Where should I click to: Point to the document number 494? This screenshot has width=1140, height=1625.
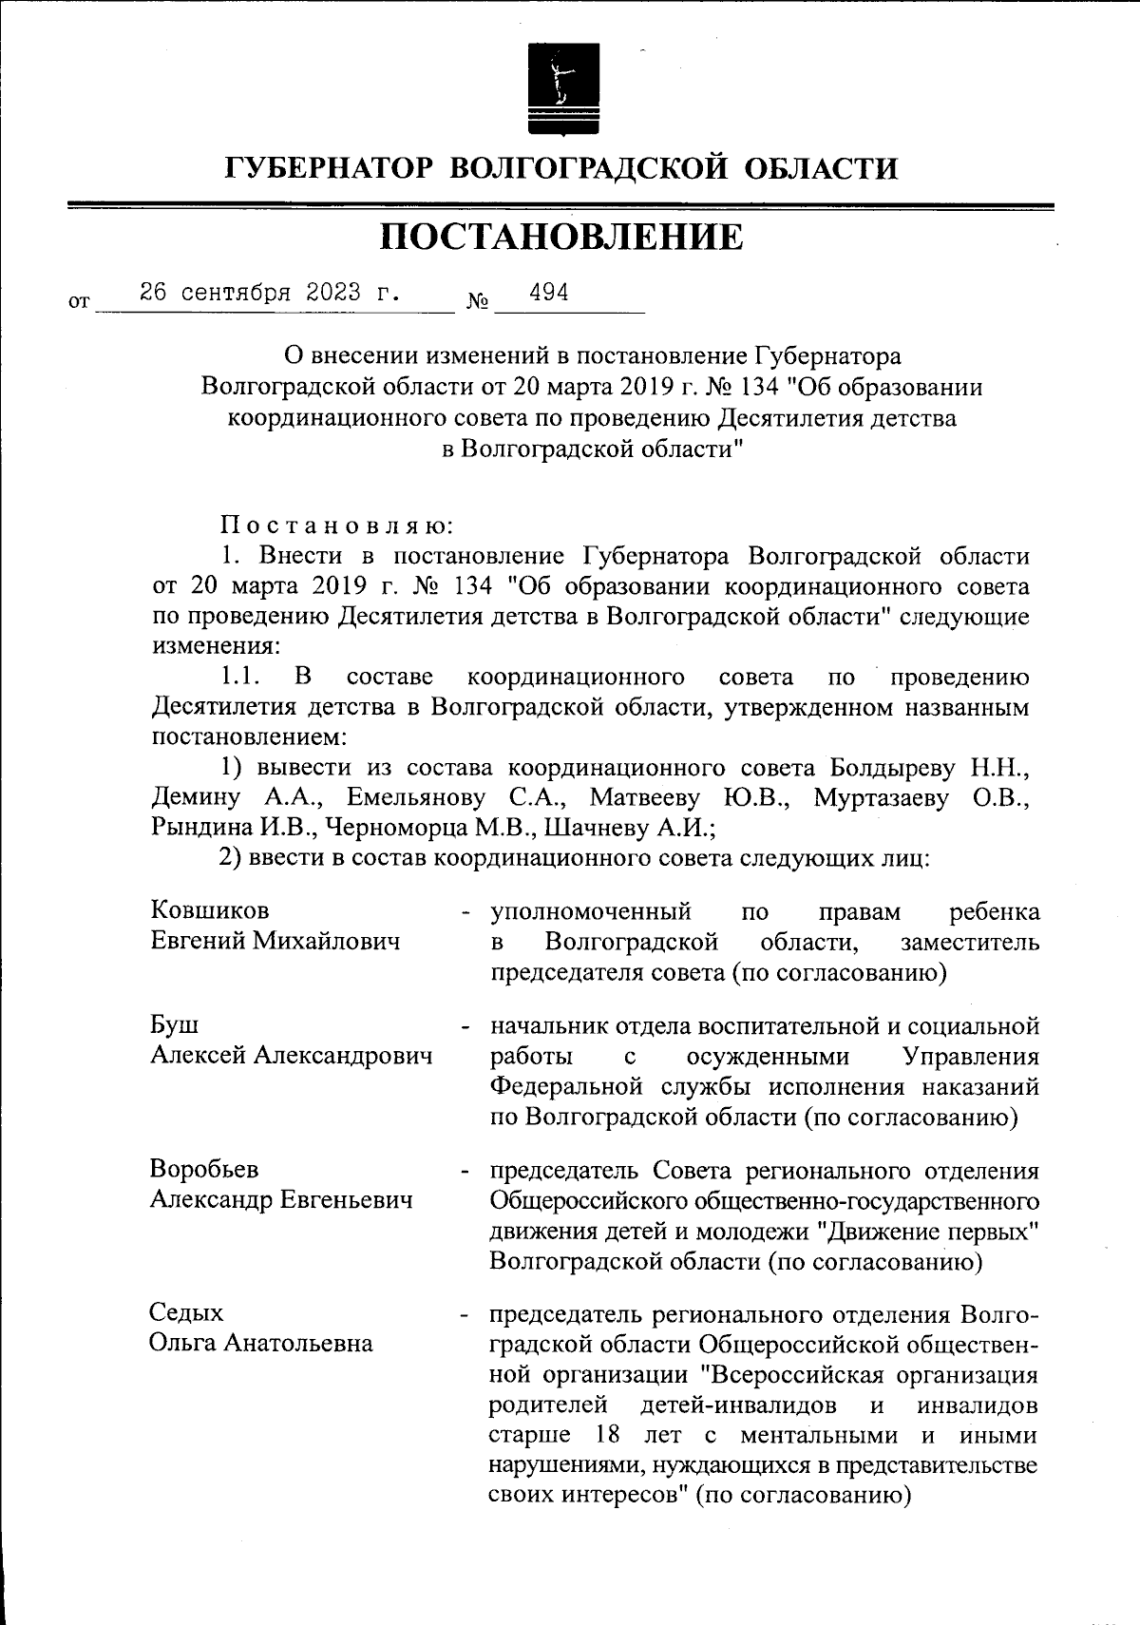tap(548, 292)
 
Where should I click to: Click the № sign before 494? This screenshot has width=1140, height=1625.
tap(478, 303)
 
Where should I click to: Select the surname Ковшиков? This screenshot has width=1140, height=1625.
tap(210, 911)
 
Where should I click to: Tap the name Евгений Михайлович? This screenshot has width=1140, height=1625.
tap(275, 942)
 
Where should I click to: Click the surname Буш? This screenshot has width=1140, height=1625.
tap(175, 1025)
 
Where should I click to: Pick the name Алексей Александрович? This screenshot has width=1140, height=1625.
tap(292, 1056)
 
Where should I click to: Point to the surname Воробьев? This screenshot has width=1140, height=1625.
tap(204, 1170)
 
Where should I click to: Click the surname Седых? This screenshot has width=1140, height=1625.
tap(187, 1313)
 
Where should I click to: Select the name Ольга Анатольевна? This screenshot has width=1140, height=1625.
tap(261, 1344)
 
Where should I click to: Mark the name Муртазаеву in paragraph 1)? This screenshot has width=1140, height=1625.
tap(881, 797)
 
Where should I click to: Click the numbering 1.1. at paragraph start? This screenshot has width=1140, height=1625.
tap(240, 678)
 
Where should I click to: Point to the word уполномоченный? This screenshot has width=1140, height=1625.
tap(590, 911)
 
